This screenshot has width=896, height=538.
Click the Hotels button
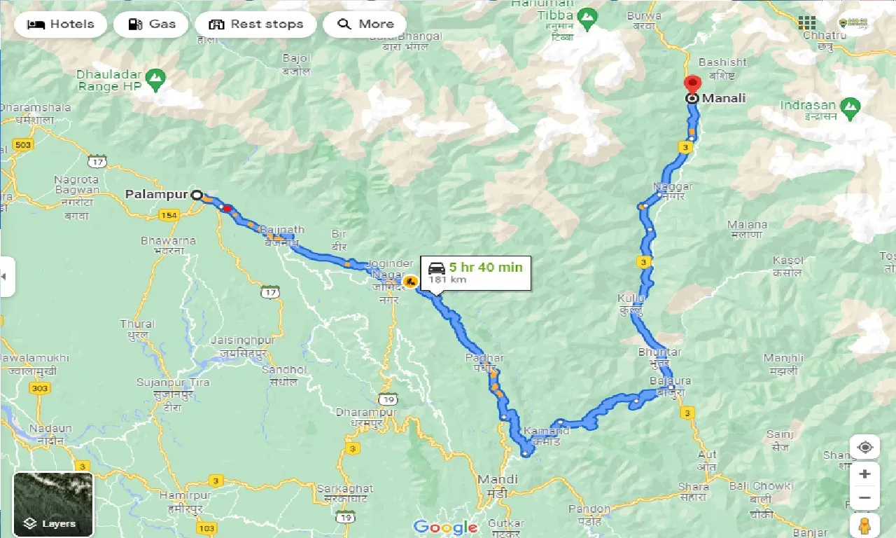[60, 25]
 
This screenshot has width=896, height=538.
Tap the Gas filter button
[152, 25]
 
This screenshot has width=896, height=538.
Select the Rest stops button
[255, 25]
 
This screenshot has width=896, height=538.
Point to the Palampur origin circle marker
[197, 195]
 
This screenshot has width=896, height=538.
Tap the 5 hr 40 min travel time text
[485, 267]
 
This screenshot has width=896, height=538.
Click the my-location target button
[864, 448]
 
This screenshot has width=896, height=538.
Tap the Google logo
[445, 527]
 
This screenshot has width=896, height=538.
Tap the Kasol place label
[787, 261]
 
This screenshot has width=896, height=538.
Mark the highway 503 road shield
[23, 145]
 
